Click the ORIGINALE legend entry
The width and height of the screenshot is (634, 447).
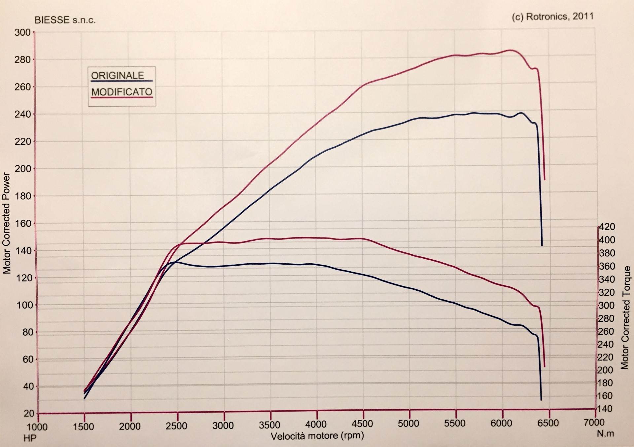click(118, 76)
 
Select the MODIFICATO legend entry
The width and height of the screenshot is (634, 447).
click(122, 92)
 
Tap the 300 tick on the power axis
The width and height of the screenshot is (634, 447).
click(22, 33)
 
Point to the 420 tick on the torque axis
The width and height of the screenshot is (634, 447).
click(607, 227)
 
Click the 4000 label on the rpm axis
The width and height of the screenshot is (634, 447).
click(316, 424)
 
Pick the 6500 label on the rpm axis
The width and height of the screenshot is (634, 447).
click(548, 423)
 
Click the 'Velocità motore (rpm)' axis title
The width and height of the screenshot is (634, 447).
click(317, 436)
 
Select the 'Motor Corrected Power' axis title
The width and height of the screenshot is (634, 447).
click(7, 223)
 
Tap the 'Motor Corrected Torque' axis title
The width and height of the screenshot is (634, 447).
click(625, 317)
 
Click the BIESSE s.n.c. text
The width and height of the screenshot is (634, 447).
click(65, 20)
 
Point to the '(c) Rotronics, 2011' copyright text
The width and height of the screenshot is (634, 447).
click(552, 17)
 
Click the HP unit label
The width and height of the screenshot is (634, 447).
click(30, 438)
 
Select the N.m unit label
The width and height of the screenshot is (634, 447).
click(605, 433)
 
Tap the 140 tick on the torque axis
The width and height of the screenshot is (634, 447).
click(606, 409)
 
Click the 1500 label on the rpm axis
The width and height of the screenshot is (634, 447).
click(83, 427)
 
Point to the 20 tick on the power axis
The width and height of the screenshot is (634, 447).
click(29, 413)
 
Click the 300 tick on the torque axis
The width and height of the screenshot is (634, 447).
click(606, 305)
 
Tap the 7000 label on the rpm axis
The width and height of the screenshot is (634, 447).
click(594, 422)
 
